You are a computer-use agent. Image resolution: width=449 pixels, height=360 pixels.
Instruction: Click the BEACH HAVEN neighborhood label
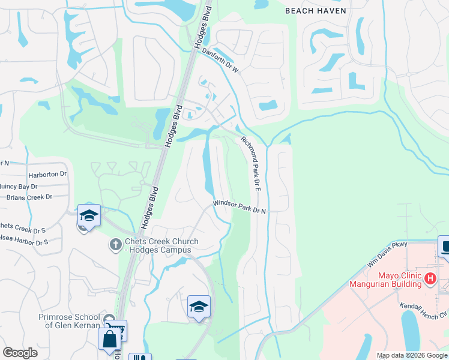[315, 11]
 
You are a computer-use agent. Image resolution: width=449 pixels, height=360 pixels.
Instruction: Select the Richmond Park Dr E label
[251, 164]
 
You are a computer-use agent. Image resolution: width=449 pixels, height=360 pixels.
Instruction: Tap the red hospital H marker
[429, 278]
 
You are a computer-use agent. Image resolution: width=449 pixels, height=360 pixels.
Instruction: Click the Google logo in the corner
[20, 353]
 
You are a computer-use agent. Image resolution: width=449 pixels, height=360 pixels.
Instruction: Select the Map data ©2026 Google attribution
[412, 355]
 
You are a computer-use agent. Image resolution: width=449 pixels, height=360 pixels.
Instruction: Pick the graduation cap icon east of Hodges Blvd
[199, 307]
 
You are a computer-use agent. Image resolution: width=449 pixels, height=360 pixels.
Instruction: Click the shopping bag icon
[110, 339]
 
